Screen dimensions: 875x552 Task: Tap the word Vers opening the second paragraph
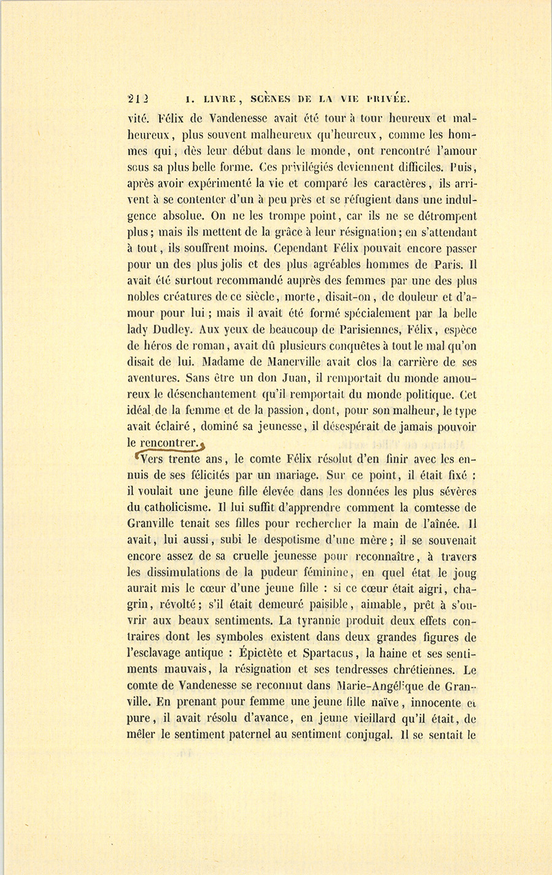pos(152,458)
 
